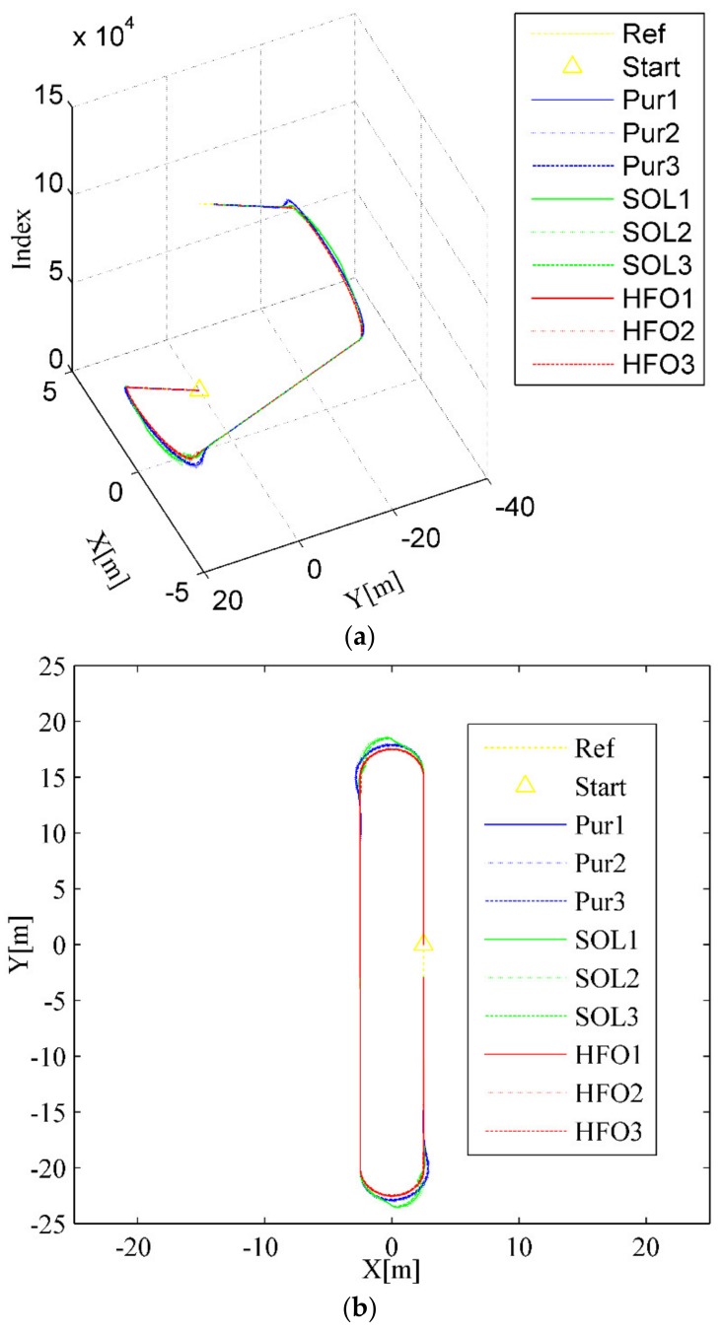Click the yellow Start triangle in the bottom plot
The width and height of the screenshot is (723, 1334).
[423, 943]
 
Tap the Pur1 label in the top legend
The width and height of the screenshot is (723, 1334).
[639, 100]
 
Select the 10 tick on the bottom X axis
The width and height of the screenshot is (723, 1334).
[519, 1245]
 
